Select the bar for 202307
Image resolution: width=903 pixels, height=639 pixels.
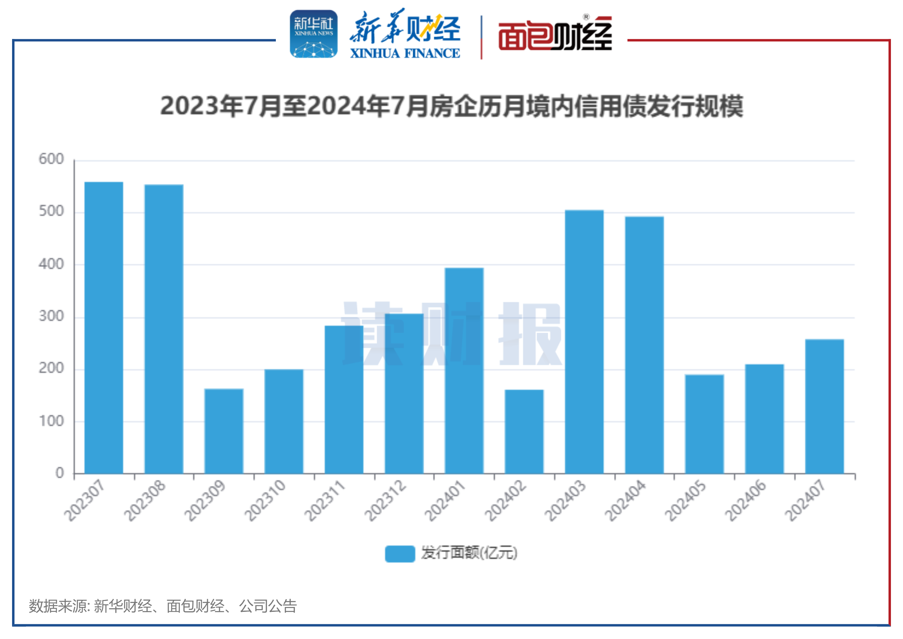tap(104, 327)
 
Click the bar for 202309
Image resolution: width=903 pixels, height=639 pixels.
tap(224, 431)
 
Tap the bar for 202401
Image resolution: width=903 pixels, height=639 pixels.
tap(464, 370)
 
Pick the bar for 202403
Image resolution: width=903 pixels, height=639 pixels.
tap(584, 342)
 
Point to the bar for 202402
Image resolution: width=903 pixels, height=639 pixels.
tap(524, 431)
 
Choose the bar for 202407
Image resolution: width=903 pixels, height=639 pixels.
tap(824, 406)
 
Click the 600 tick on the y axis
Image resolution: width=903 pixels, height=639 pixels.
tap(51, 159)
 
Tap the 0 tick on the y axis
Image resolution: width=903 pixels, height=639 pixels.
tap(59, 473)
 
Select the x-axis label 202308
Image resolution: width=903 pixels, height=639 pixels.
tap(145, 500)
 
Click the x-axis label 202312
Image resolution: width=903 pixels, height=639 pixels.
tap(385, 500)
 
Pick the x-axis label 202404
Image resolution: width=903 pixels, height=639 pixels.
tap(625, 500)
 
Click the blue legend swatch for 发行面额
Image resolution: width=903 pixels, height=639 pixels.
tap(400, 554)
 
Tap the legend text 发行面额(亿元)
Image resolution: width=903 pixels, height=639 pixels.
tap(469, 553)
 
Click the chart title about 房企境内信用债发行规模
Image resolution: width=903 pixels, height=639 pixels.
tap(451, 106)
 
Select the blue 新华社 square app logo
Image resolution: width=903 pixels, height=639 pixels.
tap(314, 34)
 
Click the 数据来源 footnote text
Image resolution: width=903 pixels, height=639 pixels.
tap(162, 606)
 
